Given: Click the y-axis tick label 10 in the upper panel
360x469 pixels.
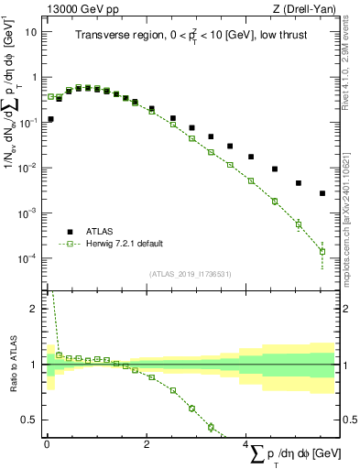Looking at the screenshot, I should (31, 31).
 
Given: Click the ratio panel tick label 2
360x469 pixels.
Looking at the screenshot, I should (34, 309).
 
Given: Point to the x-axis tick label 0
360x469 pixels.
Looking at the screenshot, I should (47, 443).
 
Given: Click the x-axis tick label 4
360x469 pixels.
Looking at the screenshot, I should (245, 443).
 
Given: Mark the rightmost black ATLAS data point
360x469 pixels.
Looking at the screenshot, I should (322, 193).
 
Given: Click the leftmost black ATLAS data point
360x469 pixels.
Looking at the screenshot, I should (50, 119).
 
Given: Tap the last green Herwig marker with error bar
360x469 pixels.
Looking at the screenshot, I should (322, 251).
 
